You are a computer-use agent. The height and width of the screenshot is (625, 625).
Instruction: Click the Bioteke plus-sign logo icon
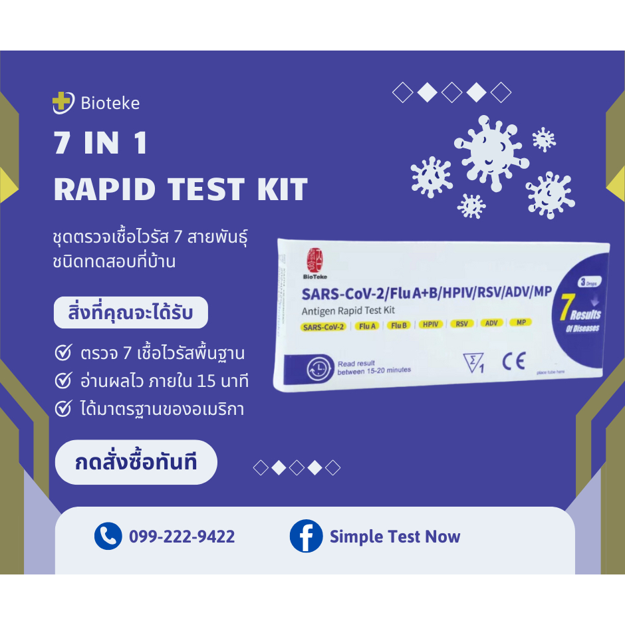[x=63, y=103]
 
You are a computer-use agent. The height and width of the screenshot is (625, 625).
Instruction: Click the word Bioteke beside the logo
[x=110, y=103]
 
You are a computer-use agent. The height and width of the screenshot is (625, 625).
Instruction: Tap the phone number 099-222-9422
[x=182, y=537]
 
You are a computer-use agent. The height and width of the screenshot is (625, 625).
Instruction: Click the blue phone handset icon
[x=108, y=536]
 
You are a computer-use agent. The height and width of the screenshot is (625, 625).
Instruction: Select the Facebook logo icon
[x=306, y=536]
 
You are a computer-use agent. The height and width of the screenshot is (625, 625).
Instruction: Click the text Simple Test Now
[x=395, y=537]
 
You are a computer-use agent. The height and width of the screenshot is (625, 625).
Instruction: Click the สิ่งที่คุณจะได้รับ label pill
[x=130, y=312]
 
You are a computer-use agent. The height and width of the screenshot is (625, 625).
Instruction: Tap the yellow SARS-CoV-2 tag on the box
[x=323, y=326]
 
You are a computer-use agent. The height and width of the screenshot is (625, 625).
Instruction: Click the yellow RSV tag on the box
[x=461, y=324]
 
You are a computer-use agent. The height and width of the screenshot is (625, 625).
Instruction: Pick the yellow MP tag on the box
[x=520, y=322]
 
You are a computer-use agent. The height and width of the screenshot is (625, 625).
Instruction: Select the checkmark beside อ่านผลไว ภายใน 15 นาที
[x=63, y=381]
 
